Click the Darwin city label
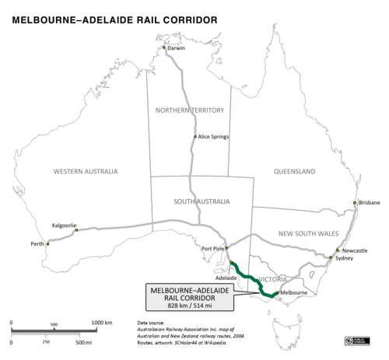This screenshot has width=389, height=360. pos(177,49)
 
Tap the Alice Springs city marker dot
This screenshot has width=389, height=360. pos(195,137)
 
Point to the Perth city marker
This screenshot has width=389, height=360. pos(47,244)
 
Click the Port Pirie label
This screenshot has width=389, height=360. pos(212,249)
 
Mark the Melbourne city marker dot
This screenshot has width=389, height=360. pos(278,293)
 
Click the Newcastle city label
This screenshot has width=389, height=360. pos(354,250)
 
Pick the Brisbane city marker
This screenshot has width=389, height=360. pos(355,203)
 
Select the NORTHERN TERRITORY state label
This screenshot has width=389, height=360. pos(190,110)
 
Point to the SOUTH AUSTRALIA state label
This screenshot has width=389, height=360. pos(202,201)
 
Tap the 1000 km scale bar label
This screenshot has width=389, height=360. pos(103,322)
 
